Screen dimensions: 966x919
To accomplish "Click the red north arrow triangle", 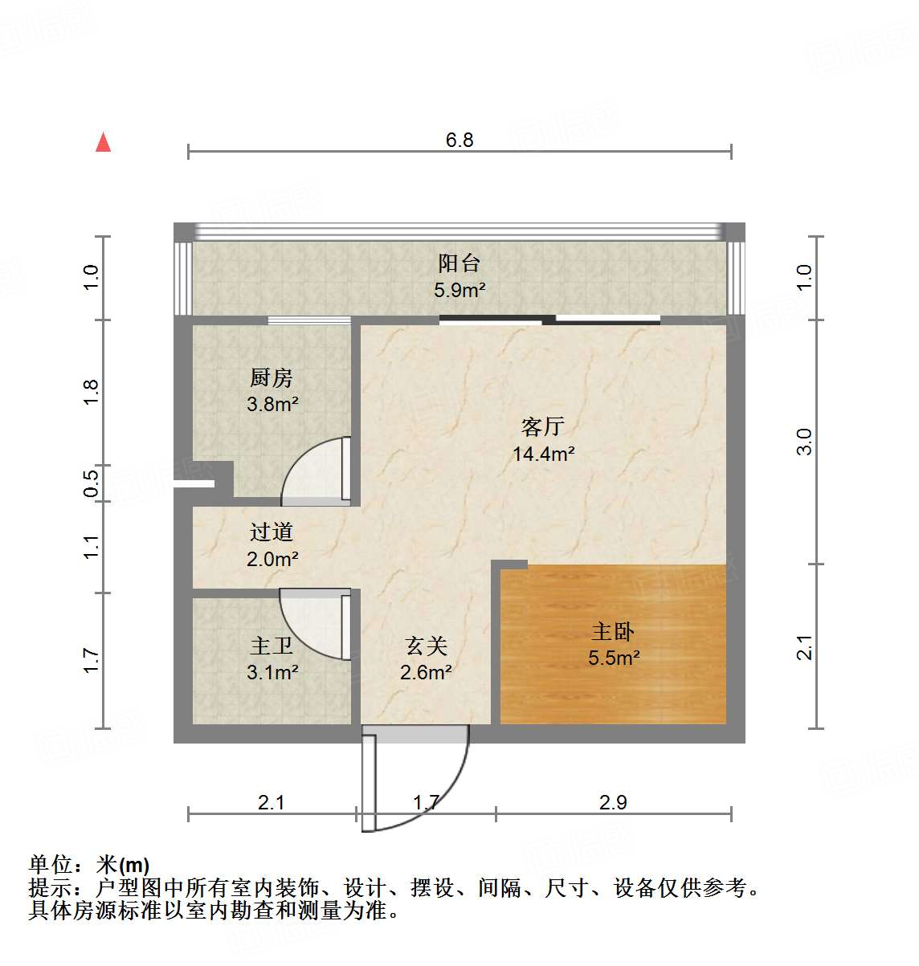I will pyautogui.click(x=103, y=143).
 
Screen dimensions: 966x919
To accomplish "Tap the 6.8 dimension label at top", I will pyautogui.click(x=459, y=140).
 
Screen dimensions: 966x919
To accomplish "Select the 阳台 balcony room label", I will pyautogui.click(x=459, y=263).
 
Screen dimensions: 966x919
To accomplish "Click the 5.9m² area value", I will pyautogui.click(x=459, y=290).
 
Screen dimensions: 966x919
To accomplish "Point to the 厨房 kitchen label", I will pyautogui.click(x=272, y=377).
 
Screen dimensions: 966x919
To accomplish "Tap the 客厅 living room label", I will pyautogui.click(x=543, y=426).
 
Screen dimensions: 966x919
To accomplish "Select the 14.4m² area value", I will pyautogui.click(x=543, y=454).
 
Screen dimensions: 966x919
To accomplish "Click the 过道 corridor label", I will pyautogui.click(x=272, y=532).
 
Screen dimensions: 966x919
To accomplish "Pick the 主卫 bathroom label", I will pyautogui.click(x=272, y=646).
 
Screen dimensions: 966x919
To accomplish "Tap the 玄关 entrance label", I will pyautogui.click(x=426, y=646).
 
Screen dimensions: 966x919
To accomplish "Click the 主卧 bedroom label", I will pyautogui.click(x=613, y=631).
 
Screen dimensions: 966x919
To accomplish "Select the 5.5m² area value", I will pyautogui.click(x=613, y=658).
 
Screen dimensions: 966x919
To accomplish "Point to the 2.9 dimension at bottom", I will pyautogui.click(x=613, y=802).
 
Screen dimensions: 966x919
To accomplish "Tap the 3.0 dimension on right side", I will pyautogui.click(x=804, y=442).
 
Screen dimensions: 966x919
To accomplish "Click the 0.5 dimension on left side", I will pyautogui.click(x=92, y=483).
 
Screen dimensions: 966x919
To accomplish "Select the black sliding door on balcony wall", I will pyautogui.click(x=550, y=320).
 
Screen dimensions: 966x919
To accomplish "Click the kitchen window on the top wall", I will pyautogui.click(x=309, y=320).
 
